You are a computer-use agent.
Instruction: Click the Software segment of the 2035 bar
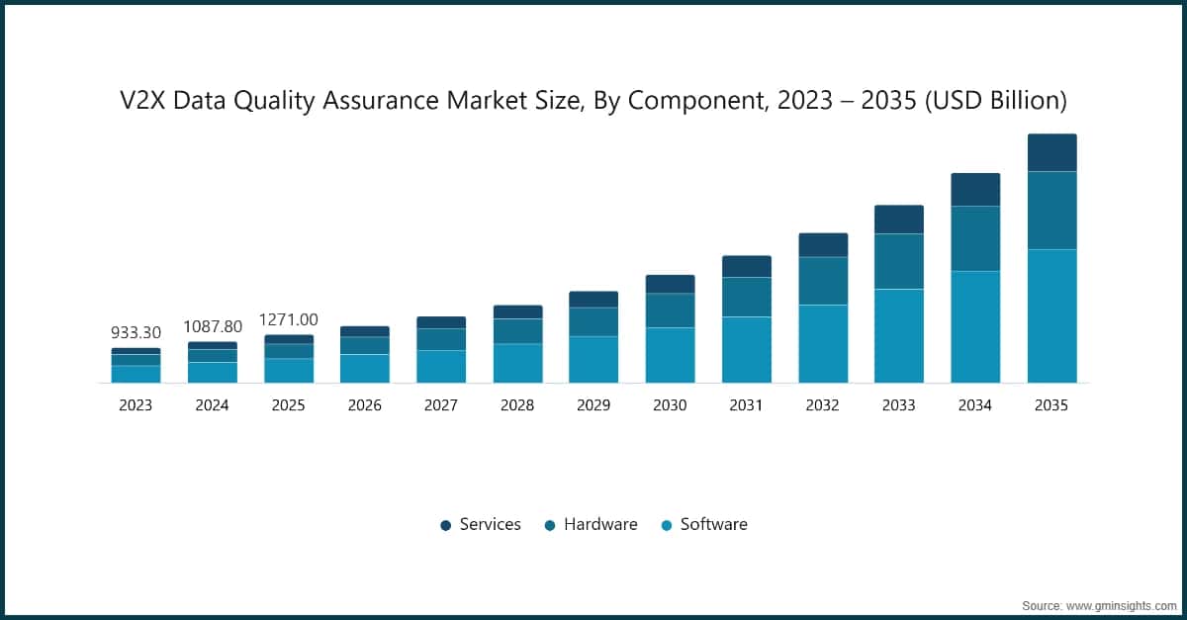tap(1051, 315)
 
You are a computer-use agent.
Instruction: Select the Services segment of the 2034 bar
tap(975, 190)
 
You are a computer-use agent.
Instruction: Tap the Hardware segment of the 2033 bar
tap(899, 261)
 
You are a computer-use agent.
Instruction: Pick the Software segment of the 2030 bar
tap(670, 355)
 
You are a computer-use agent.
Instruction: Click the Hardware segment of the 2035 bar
tap(1051, 211)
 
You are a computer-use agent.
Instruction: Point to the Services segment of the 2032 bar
tap(823, 245)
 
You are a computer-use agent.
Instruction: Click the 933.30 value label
tap(136, 333)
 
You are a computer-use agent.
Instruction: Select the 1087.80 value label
tap(213, 326)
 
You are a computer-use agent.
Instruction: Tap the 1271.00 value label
tap(289, 319)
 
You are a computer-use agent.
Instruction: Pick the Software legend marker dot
tap(667, 525)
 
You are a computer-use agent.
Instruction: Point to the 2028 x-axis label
tap(517, 405)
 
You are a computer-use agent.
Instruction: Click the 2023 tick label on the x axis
tap(136, 405)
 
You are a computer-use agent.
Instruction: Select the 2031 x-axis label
tap(746, 405)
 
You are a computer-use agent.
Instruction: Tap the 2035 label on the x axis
tap(1051, 405)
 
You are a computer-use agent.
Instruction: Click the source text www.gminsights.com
tap(1120, 604)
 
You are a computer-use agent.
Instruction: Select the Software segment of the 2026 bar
tap(365, 368)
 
